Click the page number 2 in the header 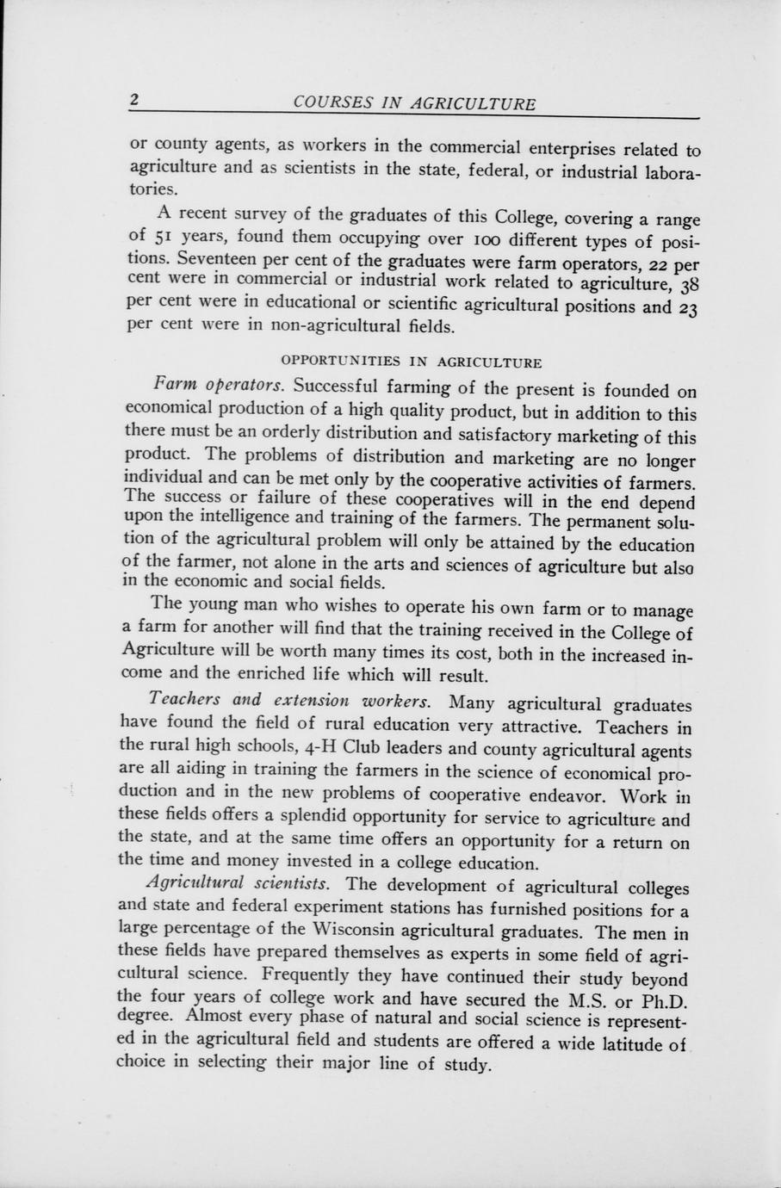[134, 99]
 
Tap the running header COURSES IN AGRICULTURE [414, 103]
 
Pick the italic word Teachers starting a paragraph [181, 698]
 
